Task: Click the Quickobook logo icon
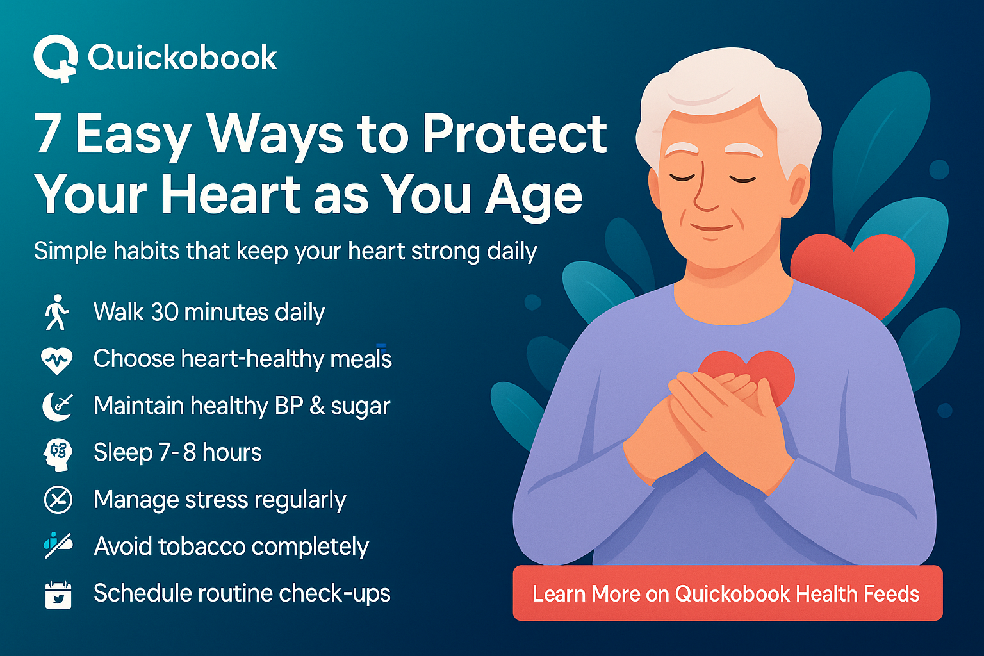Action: point(55,58)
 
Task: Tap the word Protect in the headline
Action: point(514,135)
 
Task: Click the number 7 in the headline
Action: point(48,135)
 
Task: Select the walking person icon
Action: point(57,313)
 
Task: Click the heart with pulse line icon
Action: point(57,360)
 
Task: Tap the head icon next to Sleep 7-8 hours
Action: point(58,454)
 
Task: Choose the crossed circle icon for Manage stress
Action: point(58,500)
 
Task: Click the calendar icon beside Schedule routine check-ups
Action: point(58,594)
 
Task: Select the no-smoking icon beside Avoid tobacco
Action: point(58,546)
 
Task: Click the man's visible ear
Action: point(798,189)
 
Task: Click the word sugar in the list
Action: point(360,406)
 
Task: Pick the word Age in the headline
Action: point(534,195)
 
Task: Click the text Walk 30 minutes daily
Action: point(209,313)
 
